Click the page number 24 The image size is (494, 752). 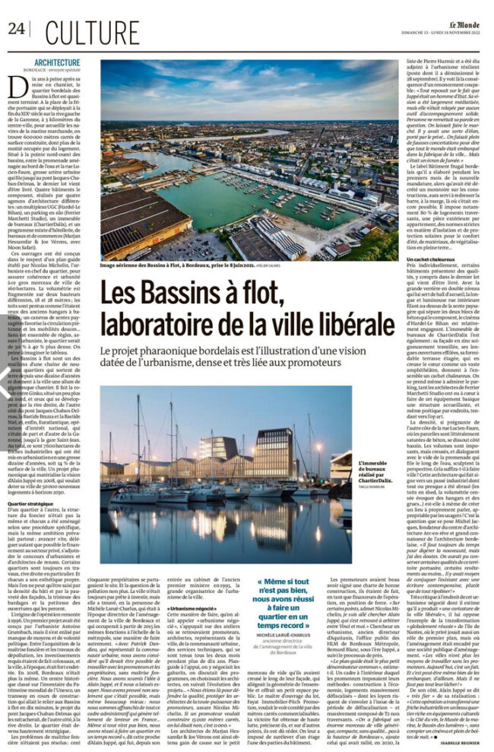click(x=16, y=28)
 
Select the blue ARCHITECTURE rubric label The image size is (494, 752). click(x=56, y=62)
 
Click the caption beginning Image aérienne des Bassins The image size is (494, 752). click(x=182, y=265)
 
